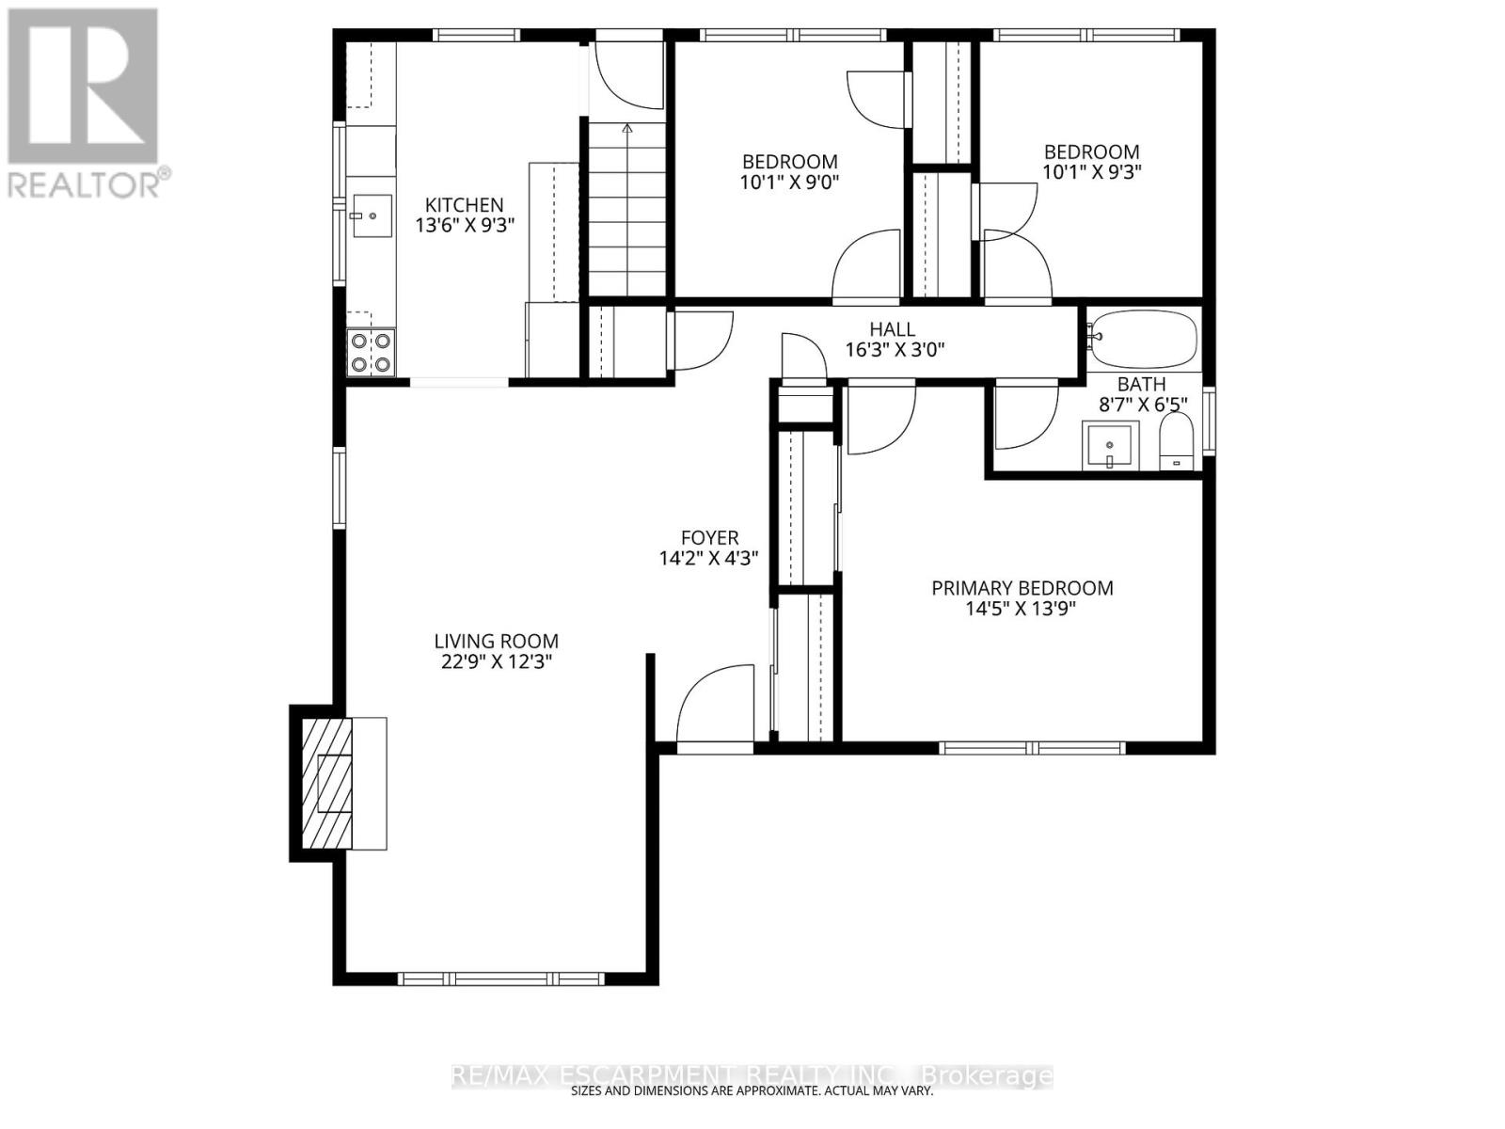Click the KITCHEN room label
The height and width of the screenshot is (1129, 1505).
[x=464, y=204]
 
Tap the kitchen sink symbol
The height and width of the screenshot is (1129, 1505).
[x=371, y=216]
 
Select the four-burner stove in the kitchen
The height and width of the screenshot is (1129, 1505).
[x=371, y=353]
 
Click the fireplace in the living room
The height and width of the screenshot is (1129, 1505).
[x=334, y=783]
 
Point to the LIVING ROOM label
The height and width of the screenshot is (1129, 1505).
[x=496, y=641]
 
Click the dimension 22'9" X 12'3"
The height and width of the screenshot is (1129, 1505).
[x=496, y=661]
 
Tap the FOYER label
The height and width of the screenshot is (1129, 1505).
[x=709, y=537]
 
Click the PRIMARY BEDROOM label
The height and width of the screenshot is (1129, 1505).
[x=1022, y=588]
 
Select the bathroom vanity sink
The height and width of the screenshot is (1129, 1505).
[x=1110, y=445]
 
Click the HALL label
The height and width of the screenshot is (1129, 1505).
[x=892, y=329]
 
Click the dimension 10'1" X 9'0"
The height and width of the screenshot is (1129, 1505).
[x=789, y=183]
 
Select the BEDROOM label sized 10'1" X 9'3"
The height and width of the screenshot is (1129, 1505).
[x=1091, y=151]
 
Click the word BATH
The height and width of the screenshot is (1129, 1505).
[x=1141, y=384]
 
